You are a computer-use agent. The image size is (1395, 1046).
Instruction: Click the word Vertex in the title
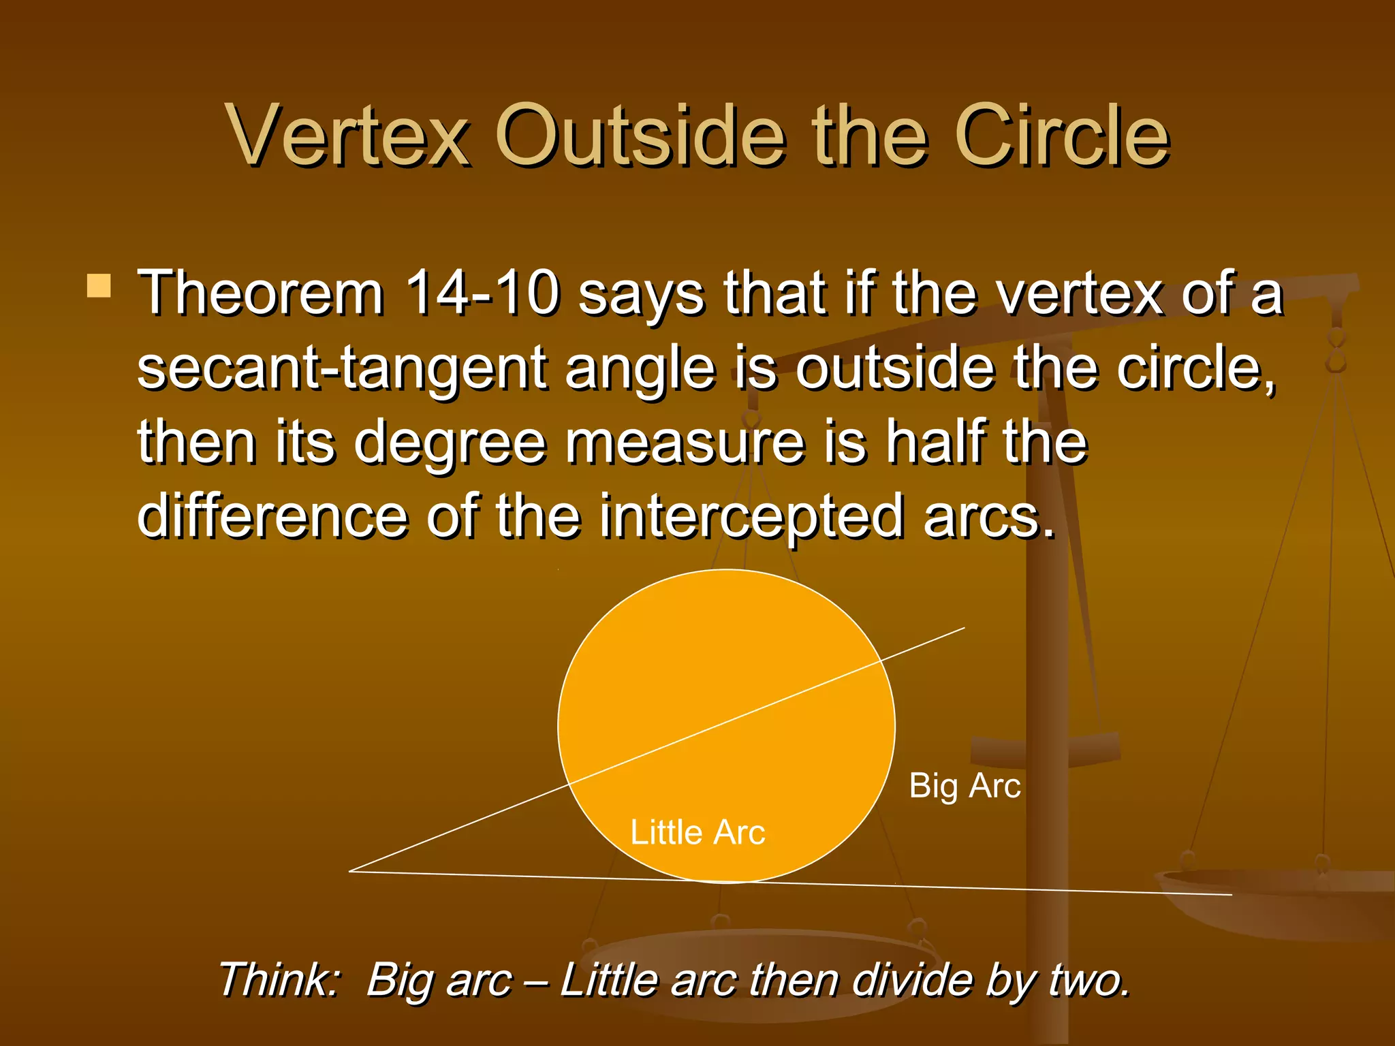[x=349, y=136]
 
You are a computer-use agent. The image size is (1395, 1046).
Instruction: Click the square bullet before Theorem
[x=99, y=286]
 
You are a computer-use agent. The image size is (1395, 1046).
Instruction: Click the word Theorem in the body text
[x=261, y=294]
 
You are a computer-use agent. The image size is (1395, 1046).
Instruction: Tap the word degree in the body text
[x=450, y=443]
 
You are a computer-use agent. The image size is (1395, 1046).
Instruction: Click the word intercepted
[x=752, y=518]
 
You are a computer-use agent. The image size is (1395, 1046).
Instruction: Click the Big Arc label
[x=965, y=786]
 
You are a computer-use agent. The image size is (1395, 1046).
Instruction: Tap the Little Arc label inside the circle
[x=697, y=832]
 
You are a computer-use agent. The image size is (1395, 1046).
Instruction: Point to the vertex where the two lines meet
[x=351, y=871]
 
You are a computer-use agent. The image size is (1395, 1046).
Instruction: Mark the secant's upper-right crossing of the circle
[x=881, y=661]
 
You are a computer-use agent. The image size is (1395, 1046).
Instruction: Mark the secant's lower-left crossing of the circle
[x=569, y=784]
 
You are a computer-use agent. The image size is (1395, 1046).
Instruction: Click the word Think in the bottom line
[x=278, y=981]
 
